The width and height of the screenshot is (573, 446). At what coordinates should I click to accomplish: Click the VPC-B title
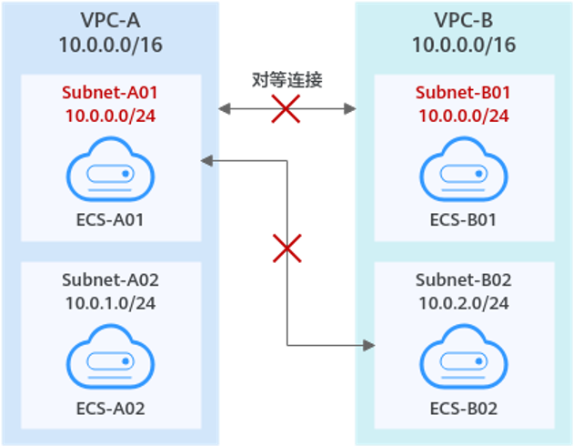click(x=464, y=20)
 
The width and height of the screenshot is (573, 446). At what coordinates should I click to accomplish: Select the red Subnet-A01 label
click(x=109, y=92)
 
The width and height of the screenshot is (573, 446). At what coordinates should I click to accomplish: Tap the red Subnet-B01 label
click(x=462, y=92)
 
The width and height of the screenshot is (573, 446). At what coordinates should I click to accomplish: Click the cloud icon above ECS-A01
click(x=109, y=171)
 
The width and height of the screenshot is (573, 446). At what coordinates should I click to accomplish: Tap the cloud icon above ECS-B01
click(x=462, y=171)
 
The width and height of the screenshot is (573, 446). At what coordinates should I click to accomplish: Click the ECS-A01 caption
click(x=109, y=219)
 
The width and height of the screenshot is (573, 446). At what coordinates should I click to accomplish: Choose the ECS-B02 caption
click(x=462, y=408)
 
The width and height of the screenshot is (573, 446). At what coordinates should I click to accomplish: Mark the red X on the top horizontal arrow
click(x=287, y=111)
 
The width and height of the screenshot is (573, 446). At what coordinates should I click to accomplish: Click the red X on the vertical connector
click(x=287, y=248)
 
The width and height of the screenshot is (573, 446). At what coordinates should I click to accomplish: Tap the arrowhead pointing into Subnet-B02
click(x=368, y=346)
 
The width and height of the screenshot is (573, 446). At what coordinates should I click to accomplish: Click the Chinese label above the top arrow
click(x=287, y=81)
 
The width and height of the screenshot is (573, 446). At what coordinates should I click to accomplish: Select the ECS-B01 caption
click(x=462, y=219)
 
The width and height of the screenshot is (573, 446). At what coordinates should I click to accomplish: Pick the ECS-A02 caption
click(x=109, y=408)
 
